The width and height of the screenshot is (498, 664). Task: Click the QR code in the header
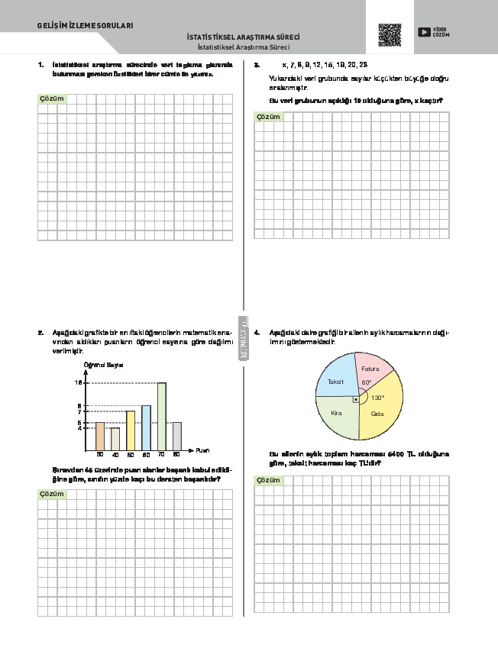390,35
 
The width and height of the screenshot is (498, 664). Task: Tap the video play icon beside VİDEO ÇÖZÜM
423,32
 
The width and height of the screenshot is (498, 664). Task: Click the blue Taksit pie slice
336,377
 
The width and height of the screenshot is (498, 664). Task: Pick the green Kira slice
337,416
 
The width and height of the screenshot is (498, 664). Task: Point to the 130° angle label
377,398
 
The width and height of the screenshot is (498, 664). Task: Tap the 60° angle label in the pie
367,382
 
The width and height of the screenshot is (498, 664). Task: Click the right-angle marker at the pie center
354,398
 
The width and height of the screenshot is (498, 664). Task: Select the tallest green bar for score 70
161,416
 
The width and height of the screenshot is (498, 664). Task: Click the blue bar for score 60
146,427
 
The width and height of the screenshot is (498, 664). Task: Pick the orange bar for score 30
100,435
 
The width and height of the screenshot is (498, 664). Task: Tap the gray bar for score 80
176,435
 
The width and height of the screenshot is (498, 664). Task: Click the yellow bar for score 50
131,430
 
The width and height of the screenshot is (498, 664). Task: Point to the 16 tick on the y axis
78,382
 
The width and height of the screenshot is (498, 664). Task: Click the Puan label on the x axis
202,450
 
